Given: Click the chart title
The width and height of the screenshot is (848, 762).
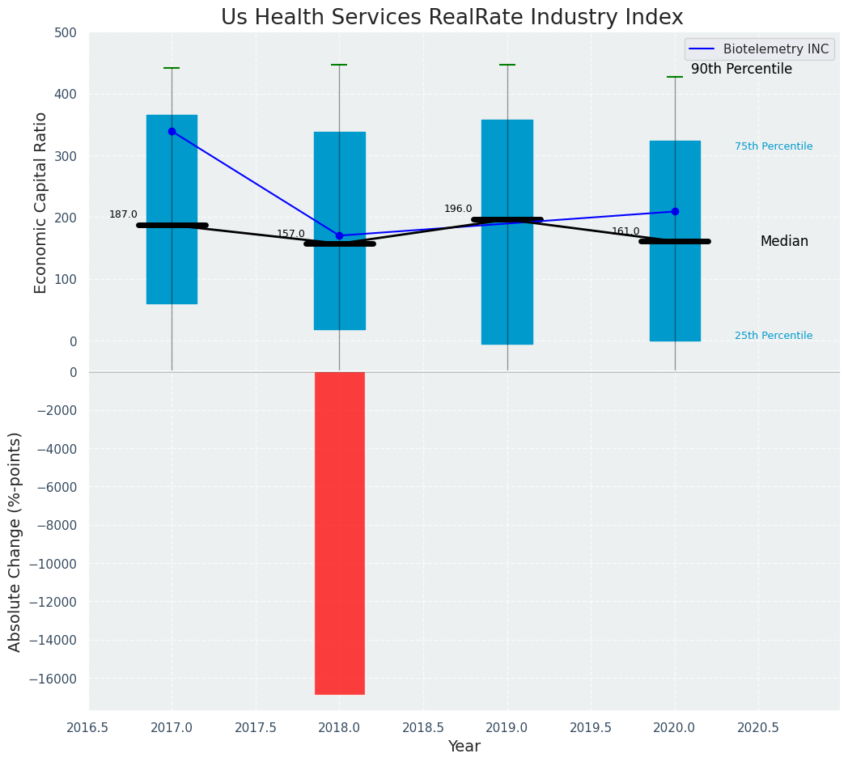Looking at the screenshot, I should (452, 18).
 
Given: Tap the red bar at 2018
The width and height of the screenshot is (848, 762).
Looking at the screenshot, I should (339, 532).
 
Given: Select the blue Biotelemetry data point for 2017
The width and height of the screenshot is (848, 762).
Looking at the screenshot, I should (172, 131).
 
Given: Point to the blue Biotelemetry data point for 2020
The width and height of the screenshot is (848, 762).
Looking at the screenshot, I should (675, 212).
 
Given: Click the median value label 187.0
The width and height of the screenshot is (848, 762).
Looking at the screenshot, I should (123, 214).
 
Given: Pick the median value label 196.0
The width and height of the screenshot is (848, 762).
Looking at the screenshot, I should (458, 209).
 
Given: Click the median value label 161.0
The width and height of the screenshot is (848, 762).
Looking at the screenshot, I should (625, 231).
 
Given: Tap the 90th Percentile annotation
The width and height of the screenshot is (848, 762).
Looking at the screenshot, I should (741, 70).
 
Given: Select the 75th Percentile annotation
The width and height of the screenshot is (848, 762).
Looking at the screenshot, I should (773, 146).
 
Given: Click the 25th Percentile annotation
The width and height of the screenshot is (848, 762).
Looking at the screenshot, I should (773, 336).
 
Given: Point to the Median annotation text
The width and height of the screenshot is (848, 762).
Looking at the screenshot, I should (783, 242).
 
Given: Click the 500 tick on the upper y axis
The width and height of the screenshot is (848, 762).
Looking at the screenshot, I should (66, 33).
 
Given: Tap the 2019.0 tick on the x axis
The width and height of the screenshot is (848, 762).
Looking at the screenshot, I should (507, 728).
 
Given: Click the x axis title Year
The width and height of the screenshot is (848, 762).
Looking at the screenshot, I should (464, 747).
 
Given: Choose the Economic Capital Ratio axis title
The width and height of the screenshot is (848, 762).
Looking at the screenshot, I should (41, 202).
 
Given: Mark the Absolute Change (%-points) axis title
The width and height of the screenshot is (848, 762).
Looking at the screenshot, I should (15, 541).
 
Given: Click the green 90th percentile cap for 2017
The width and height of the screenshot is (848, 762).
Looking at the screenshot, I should (172, 68).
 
